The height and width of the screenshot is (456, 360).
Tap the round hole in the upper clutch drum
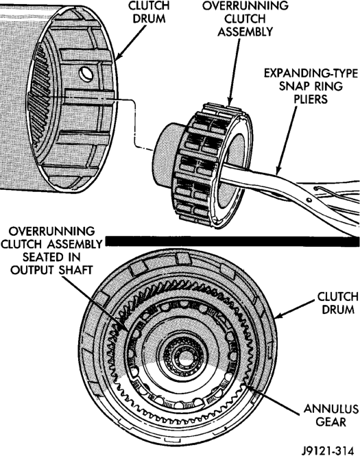click(86, 74)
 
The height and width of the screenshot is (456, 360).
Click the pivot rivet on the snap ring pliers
click(309, 200)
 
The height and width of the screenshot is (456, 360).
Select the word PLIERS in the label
click(310, 99)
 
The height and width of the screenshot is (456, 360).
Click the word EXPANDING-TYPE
click(310, 73)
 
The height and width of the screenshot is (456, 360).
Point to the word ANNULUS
click(331, 409)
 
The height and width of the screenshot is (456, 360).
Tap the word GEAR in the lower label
click(331, 422)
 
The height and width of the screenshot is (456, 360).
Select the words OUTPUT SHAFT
click(51, 270)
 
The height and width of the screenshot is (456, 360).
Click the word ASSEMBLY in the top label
click(245, 32)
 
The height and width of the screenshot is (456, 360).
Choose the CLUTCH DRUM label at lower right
click(337, 302)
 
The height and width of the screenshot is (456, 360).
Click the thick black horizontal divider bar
click(232, 241)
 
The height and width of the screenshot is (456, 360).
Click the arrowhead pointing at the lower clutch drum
click(278, 316)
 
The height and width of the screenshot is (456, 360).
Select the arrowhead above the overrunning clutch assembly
click(230, 102)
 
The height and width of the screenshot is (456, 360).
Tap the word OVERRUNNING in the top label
click(245, 6)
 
